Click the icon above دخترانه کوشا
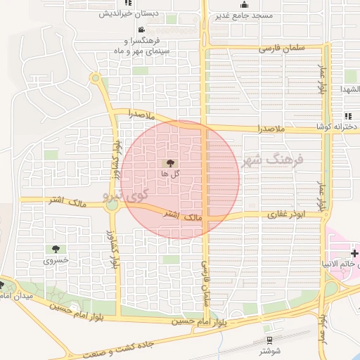click(x=348, y=116)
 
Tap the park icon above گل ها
click(x=174, y=162)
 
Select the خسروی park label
click(x=56, y=259)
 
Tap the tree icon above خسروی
click(x=56, y=249)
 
